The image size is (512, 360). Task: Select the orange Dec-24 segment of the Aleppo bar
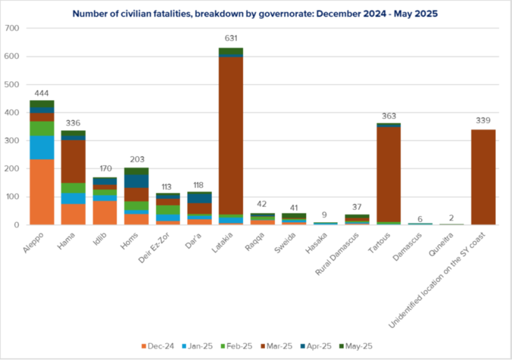click(x=42, y=191)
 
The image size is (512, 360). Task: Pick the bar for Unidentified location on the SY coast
click(x=483, y=177)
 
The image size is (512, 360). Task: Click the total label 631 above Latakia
click(x=231, y=39)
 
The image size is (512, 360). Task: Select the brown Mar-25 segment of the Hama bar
click(x=73, y=161)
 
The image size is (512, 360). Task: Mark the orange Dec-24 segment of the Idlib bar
click(x=105, y=213)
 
